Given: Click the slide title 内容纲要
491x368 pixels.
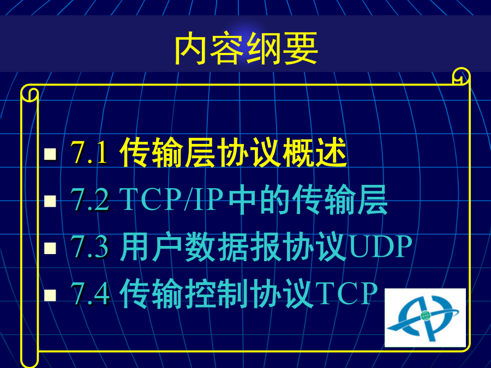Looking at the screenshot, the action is click(x=246, y=49).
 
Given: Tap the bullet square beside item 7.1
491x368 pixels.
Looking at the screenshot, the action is click(x=50, y=154).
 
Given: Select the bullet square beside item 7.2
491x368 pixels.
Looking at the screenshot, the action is click(x=50, y=201).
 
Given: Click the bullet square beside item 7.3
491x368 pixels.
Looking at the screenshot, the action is click(x=50, y=248).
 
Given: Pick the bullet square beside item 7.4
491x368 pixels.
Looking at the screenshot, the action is click(x=50, y=295).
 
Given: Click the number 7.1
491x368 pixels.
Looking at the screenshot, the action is click(x=89, y=153).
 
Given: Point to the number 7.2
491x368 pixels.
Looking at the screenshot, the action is click(x=90, y=200).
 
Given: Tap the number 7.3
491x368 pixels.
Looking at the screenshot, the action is click(x=90, y=246).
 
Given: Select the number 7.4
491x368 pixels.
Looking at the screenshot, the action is click(x=90, y=293).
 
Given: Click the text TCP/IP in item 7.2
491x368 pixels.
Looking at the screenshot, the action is click(x=171, y=199).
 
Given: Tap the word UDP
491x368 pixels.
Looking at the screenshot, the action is click(x=380, y=246).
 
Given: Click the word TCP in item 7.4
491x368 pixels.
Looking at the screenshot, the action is click(x=346, y=293).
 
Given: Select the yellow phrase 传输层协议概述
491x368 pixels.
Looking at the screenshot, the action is click(x=233, y=152).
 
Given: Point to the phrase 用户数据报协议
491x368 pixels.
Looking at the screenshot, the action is click(x=233, y=246).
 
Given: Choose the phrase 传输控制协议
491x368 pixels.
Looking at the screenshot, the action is click(x=217, y=293).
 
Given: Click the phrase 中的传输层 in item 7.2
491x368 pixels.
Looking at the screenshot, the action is click(x=308, y=200).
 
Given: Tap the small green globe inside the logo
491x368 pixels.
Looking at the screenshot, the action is click(x=425, y=316).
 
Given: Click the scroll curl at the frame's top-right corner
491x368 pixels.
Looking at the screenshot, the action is click(x=461, y=76).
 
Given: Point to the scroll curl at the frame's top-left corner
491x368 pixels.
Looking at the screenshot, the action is click(x=29, y=94).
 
